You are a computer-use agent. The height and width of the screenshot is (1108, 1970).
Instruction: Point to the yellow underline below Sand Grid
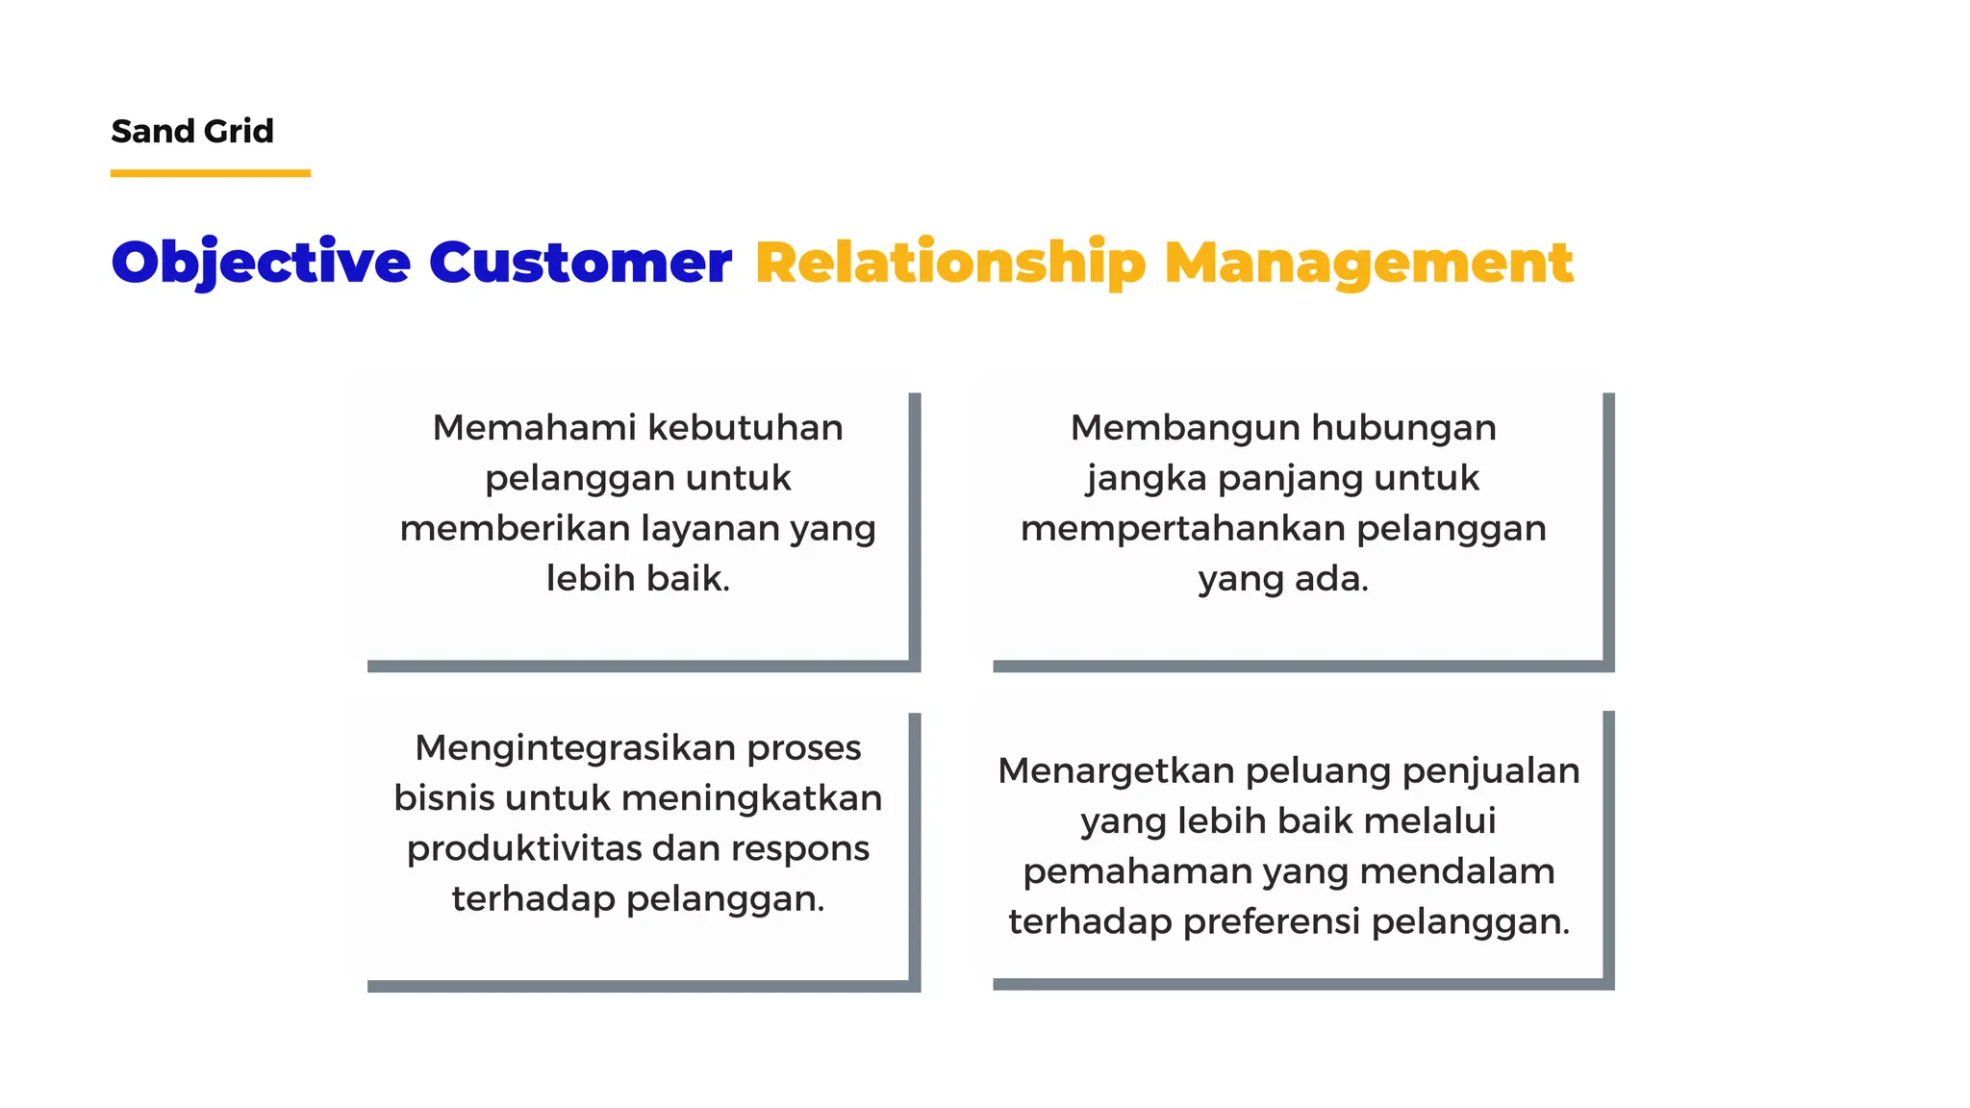[x=210, y=173]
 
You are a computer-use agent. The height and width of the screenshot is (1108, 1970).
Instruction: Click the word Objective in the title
[x=261, y=262]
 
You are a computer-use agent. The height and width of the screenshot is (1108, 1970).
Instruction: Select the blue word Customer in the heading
[x=579, y=262]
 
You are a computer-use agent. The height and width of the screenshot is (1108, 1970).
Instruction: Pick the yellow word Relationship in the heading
[x=949, y=262]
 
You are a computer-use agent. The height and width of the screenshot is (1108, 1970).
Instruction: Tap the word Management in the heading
[x=1368, y=262]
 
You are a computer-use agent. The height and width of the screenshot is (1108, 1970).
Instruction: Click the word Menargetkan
[x=1116, y=770]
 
